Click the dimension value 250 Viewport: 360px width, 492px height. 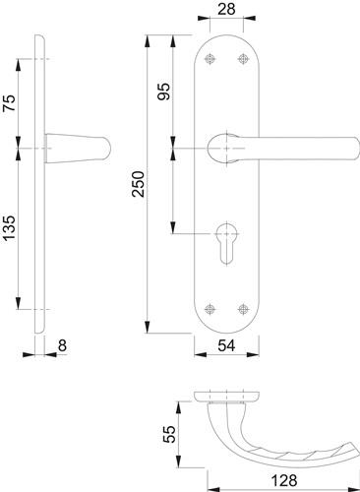click(138, 184)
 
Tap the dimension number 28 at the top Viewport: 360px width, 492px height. click(226, 9)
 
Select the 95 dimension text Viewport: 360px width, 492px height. click(164, 92)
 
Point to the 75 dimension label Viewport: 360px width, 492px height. click(9, 103)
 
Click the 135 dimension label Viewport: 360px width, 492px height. click(9, 228)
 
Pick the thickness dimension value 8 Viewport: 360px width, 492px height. click(62, 345)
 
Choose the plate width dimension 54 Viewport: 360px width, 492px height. click(226, 345)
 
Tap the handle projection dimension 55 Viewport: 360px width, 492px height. click(170, 434)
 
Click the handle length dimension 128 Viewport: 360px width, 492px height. click(284, 481)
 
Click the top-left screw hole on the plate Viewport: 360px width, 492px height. click(210, 59)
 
